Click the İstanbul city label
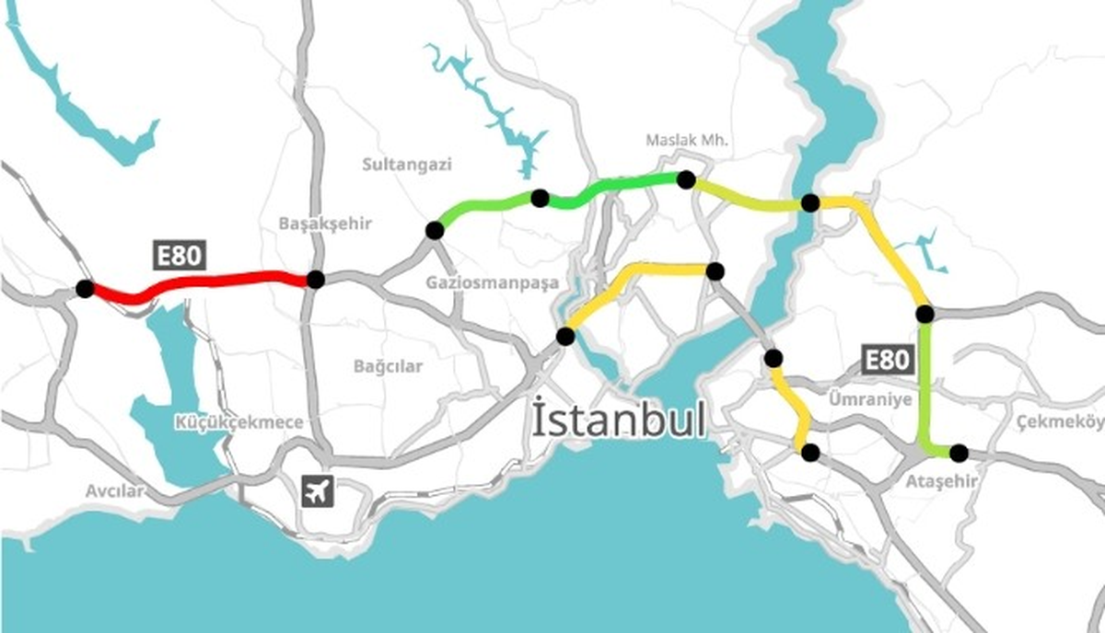619,420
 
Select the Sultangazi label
407,165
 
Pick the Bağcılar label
388,366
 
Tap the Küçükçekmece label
239,422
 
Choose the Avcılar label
115,490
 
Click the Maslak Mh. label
687,141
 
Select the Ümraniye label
869,399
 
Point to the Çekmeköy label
1060,421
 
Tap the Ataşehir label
940,480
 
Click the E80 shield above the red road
179,256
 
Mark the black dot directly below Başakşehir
316,279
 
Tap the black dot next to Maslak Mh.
686,179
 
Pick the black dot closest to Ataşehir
959,453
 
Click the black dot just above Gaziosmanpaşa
433,230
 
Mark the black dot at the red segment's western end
85,289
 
